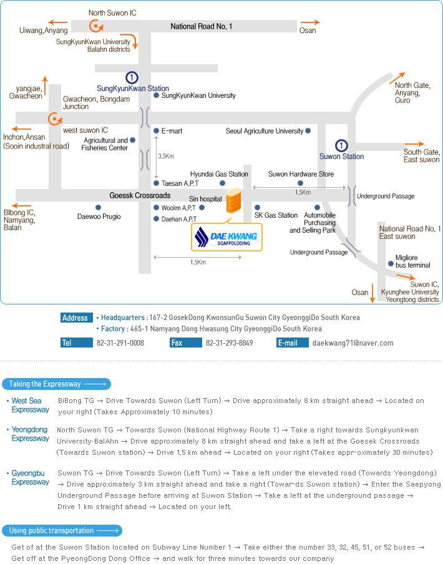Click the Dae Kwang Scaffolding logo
pyautogui.click(x=226, y=237)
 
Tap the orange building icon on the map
pyautogui.click(x=234, y=202)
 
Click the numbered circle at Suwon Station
pyautogui.click(x=341, y=145)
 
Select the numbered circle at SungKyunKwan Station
pyautogui.click(x=132, y=77)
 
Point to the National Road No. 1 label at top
pyautogui.click(x=202, y=26)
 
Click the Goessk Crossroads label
pyautogui.click(x=140, y=195)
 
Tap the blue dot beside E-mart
pyautogui.click(x=156, y=131)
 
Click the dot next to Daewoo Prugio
pyautogui.click(x=98, y=207)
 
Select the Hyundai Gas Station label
pyautogui.click(x=219, y=174)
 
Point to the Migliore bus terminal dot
pyautogui.click(x=391, y=263)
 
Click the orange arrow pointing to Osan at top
pyautogui.click(x=307, y=21)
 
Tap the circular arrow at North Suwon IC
pyautogui.click(x=95, y=25)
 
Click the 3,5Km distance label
pyautogui.click(x=166, y=156)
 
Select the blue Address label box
pyautogui.click(x=75, y=318)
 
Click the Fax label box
pyautogui.click(x=185, y=343)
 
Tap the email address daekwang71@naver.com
pyautogui.click(x=353, y=343)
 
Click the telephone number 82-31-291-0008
pyautogui.click(x=120, y=343)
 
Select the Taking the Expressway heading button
pyautogui.click(x=57, y=384)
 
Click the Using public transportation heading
pyautogui.click(x=63, y=531)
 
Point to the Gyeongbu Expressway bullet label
pyautogui.click(x=30, y=477)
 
